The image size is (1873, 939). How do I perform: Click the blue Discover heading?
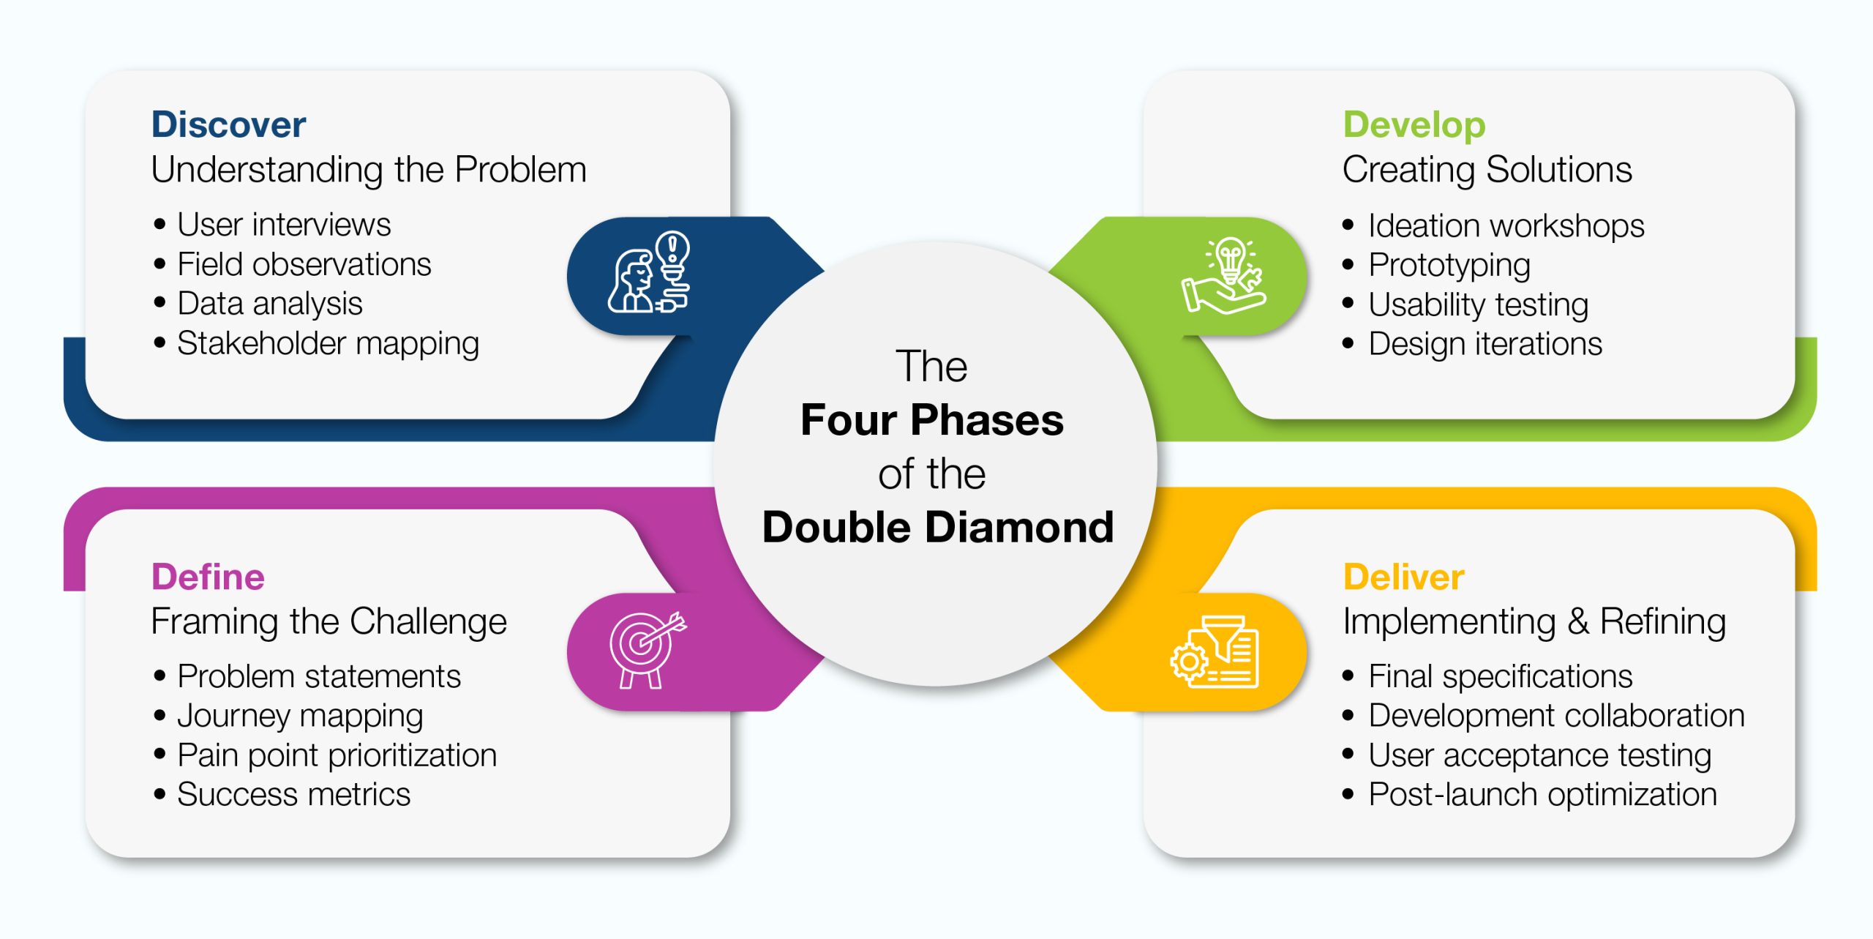tap(228, 124)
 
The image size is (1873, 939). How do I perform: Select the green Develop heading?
tap(1414, 124)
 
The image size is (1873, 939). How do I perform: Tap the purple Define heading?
tap(208, 577)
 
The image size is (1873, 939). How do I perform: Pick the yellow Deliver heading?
tap(1403, 577)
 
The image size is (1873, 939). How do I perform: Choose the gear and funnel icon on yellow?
tap(1215, 651)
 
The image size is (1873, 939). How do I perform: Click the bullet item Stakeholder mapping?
tap(328, 343)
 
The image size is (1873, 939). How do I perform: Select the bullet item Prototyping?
tap(1449, 265)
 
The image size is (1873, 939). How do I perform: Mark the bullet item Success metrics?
tap(293, 794)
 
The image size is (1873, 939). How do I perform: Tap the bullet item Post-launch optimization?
tap(1542, 794)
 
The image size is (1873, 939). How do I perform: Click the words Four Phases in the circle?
tap(932, 420)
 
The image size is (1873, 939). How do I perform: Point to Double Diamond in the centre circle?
tap(937, 527)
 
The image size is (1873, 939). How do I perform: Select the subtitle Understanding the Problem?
tap(369, 170)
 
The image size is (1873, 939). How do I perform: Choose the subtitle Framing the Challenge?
tap(329, 622)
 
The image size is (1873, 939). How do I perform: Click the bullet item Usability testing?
tap(1478, 304)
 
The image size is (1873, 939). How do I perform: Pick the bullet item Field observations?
tap(304, 264)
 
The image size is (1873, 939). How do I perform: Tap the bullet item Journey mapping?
tap(300, 716)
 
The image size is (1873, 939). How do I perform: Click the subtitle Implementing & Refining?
tap(1534, 622)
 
